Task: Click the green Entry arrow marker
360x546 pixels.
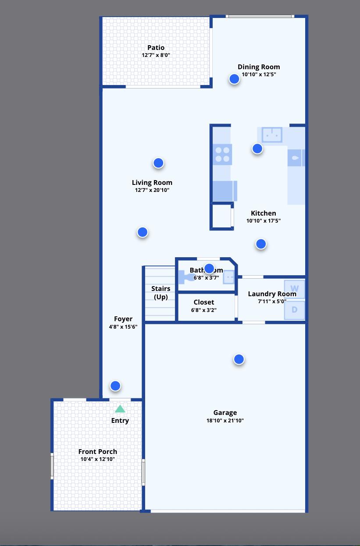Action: pyautogui.click(x=120, y=409)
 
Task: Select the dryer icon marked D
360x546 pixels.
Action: pyautogui.click(x=294, y=310)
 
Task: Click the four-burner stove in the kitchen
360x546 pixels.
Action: pyautogui.click(x=222, y=154)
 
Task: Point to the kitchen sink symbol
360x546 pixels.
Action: pyautogui.click(x=272, y=135)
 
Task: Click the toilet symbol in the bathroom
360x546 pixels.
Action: pyautogui.click(x=187, y=277)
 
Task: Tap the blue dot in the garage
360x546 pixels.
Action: pyautogui.click(x=239, y=359)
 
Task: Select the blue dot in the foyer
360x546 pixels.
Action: pyautogui.click(x=115, y=386)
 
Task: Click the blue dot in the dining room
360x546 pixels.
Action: pyautogui.click(x=234, y=79)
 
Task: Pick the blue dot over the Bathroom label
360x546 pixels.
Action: pyautogui.click(x=209, y=268)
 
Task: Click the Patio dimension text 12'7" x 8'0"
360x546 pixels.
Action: pyautogui.click(x=156, y=55)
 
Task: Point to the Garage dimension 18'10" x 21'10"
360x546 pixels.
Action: pyautogui.click(x=225, y=421)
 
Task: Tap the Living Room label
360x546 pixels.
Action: pyautogui.click(x=152, y=183)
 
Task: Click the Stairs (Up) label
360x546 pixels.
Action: pyautogui.click(x=160, y=293)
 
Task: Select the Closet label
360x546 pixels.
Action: pyautogui.click(x=204, y=302)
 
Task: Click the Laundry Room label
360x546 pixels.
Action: pyautogui.click(x=272, y=294)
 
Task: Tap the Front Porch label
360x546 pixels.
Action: pyautogui.click(x=98, y=452)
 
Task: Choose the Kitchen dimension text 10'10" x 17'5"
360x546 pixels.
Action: pyautogui.click(x=263, y=221)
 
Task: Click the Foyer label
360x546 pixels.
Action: pyautogui.click(x=123, y=319)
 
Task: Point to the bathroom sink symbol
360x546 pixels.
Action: pyautogui.click(x=229, y=277)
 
